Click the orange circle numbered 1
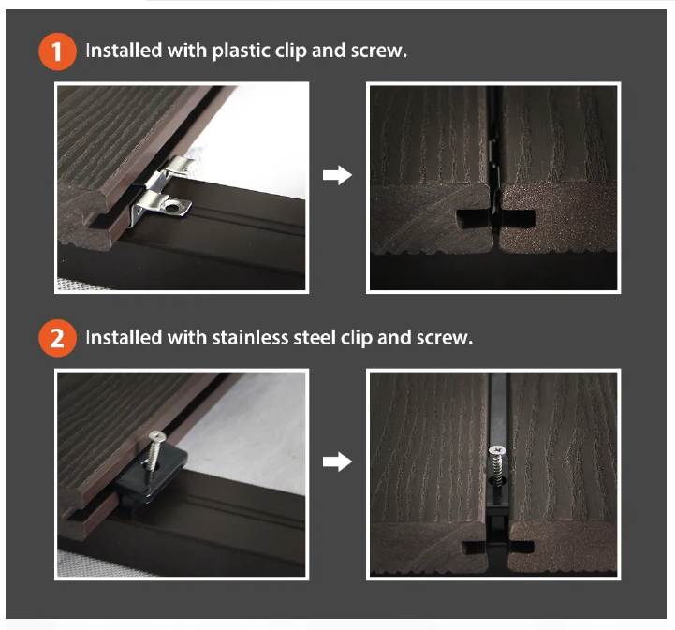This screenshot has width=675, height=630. pos(58,51)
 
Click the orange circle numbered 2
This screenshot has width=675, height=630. pos(58,338)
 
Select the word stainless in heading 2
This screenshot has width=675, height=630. pos(250,337)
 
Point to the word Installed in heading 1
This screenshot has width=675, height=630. pos(124,51)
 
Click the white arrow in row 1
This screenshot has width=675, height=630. pos(337,175)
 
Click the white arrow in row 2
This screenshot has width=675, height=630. pos(337,462)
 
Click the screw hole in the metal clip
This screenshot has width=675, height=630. pos(171,208)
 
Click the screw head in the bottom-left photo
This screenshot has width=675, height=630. pos(157,437)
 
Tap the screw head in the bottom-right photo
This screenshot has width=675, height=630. pos(497,450)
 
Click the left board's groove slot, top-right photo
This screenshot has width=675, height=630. pos(472,219)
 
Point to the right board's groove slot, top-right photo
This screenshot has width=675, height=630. pos(518,219)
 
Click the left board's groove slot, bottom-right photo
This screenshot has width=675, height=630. pos(474,548)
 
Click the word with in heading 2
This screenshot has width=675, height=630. pos(187,337)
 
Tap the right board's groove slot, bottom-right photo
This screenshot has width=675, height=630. pos(521,548)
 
